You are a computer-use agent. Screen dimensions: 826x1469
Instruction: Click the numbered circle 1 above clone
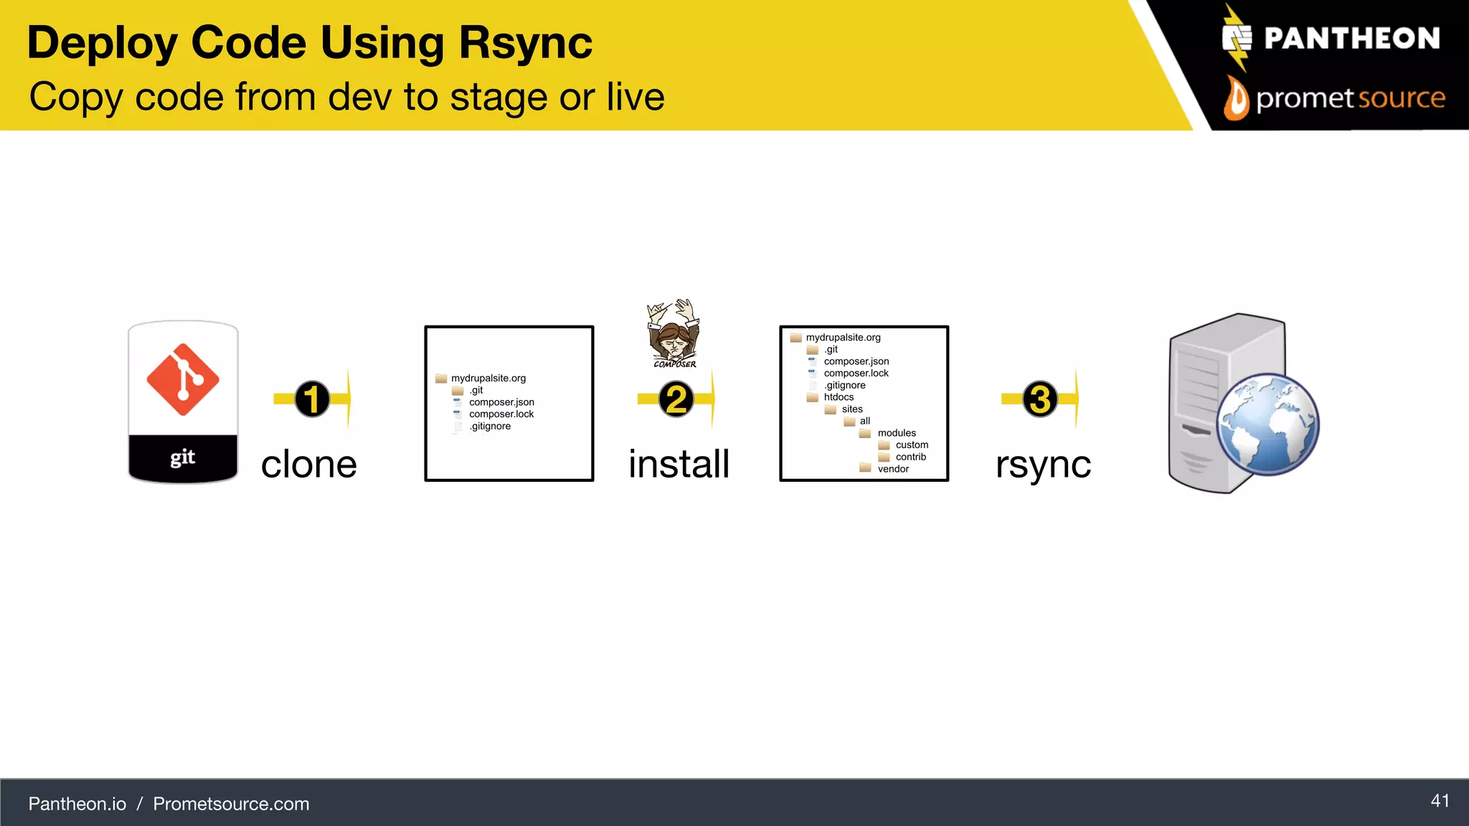[x=312, y=399]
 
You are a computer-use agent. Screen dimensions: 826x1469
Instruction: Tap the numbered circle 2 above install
[x=676, y=399]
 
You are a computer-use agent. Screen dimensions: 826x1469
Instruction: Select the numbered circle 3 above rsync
[x=1040, y=399]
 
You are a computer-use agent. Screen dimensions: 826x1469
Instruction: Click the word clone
[x=308, y=465]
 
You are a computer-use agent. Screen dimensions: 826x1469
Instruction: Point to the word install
[x=679, y=464]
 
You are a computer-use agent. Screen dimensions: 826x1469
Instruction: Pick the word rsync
[x=1043, y=465]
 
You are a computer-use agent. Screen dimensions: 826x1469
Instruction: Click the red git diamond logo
[x=183, y=379]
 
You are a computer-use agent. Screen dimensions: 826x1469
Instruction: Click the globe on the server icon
[x=1268, y=424]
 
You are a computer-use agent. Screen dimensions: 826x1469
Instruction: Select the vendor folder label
[x=893, y=469]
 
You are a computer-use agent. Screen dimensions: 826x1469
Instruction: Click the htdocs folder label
[x=839, y=397]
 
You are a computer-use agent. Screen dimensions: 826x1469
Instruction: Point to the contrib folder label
[x=910, y=457]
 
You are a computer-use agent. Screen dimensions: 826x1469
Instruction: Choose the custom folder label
[x=912, y=445]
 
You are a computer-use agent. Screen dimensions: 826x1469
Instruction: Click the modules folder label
[x=897, y=433]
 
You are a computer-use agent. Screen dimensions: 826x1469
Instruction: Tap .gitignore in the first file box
[x=491, y=427]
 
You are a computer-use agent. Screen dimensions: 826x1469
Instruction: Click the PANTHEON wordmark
[x=1351, y=39]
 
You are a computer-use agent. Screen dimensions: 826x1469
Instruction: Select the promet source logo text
[x=1350, y=98]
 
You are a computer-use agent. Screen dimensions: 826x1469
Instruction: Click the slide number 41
[x=1440, y=801]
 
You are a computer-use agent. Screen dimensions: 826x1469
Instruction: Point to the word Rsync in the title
[x=526, y=43]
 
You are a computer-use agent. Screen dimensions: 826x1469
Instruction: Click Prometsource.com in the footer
[x=231, y=804]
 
